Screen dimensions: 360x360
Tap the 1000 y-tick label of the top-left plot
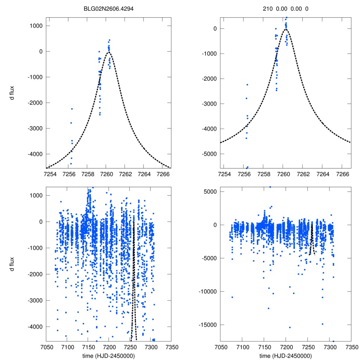[x=36, y=26]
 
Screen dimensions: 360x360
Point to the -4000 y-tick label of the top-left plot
[x=34, y=154]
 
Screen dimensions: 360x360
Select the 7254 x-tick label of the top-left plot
[x=49, y=174]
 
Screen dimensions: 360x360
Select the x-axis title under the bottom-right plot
[x=286, y=355]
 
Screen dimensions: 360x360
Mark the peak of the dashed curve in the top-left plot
[x=109, y=52]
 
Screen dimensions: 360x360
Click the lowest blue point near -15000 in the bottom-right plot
[x=290, y=327]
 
